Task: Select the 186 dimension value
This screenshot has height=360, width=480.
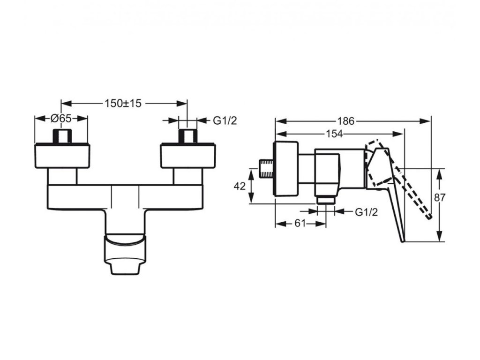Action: tap(346, 120)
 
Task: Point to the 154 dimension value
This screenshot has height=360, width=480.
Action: tap(334, 134)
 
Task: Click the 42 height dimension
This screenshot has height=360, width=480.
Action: tap(240, 186)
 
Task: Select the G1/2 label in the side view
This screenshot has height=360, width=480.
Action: tap(366, 211)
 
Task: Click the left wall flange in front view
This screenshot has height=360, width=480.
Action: tap(61, 156)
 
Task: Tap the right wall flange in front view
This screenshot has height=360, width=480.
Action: tap(188, 156)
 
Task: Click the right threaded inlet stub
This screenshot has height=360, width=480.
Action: tap(187, 135)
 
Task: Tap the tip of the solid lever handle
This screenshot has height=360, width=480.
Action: tap(402, 240)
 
